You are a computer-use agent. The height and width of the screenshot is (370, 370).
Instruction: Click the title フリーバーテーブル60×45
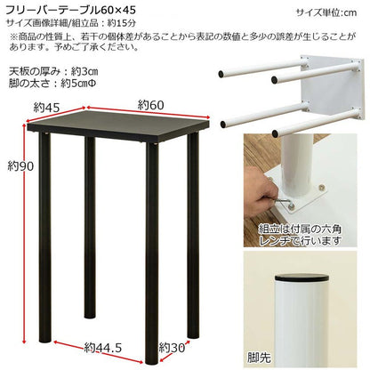click(70, 11)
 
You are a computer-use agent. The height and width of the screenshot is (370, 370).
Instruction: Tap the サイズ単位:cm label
click(326, 12)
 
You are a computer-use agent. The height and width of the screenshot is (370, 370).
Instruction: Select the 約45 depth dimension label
click(46, 108)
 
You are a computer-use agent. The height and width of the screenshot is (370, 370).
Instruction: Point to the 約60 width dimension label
click(151, 105)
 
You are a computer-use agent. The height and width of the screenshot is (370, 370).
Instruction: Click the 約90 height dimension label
click(20, 166)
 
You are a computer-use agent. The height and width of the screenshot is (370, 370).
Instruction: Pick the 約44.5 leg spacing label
click(103, 348)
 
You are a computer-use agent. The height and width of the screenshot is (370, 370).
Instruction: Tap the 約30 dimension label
click(172, 348)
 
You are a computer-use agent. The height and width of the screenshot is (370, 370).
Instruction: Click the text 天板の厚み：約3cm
click(53, 72)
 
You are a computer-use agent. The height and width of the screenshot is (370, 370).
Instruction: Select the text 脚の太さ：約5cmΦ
click(52, 84)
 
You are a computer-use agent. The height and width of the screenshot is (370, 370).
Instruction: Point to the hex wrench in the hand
click(286, 203)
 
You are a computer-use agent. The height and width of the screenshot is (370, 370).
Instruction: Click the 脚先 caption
click(259, 358)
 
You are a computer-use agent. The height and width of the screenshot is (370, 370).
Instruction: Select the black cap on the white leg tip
click(302, 278)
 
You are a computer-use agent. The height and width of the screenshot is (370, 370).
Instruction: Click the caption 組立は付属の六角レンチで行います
click(300, 235)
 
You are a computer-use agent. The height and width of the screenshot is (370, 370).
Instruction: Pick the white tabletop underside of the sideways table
click(332, 89)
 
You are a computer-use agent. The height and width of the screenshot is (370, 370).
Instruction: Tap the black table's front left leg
click(44, 237)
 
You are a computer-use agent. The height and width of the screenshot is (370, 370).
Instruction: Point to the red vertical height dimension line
click(24, 233)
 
